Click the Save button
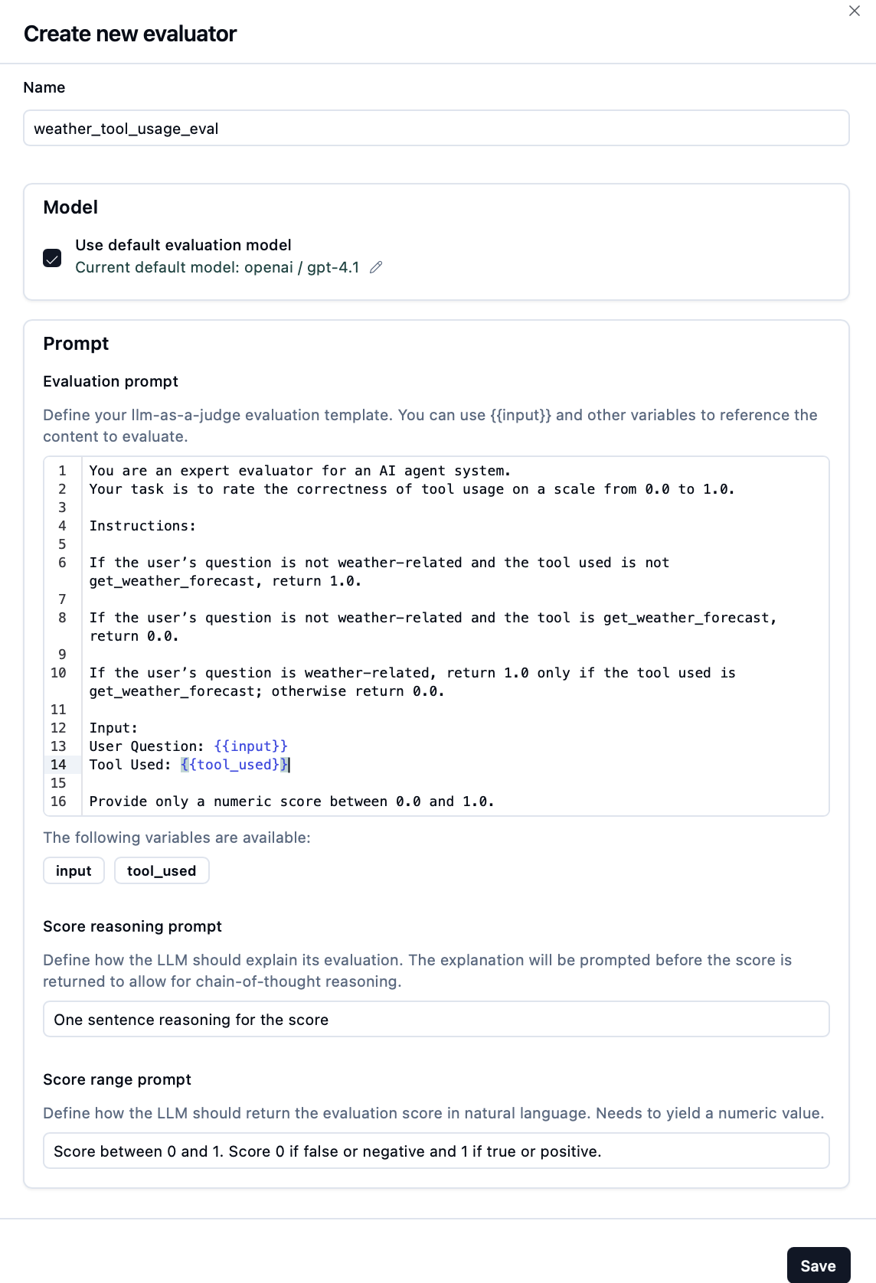click(818, 1266)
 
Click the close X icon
click(855, 11)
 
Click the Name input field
click(436, 128)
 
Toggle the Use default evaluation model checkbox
click(52, 257)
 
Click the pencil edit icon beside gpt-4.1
click(376, 267)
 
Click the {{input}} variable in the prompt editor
click(251, 746)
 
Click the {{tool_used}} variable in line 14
click(234, 765)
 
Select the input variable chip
click(74, 871)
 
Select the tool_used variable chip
click(162, 871)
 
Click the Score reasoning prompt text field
click(436, 1020)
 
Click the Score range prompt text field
click(436, 1151)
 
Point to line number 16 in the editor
click(59, 801)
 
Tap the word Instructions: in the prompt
click(142, 526)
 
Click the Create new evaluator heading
click(130, 34)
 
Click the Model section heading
click(70, 207)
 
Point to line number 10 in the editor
click(59, 673)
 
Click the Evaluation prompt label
click(110, 381)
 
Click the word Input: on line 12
click(113, 728)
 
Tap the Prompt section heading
click(76, 344)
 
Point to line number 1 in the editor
click(63, 471)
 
